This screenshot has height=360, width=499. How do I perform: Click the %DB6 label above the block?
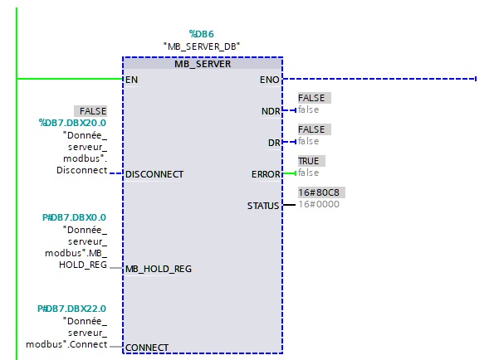pos(203,34)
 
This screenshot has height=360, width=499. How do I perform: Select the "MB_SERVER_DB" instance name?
pos(203,46)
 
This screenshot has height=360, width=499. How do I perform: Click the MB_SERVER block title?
pos(203,64)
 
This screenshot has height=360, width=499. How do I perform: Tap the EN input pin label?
pos(130,80)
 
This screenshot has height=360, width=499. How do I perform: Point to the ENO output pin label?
pos(270,80)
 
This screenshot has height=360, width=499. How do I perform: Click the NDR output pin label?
pos(271,110)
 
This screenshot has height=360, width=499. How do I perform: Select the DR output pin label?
pos(274,143)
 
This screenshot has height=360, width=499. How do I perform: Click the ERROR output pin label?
pos(267,174)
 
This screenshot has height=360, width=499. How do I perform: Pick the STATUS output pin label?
pos(263,205)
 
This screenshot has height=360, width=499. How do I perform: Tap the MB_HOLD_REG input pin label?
pos(159,269)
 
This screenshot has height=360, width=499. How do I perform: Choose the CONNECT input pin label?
pos(147,347)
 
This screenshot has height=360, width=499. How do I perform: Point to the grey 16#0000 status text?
pos(319,204)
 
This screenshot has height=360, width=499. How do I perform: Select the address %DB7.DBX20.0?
pos(72,122)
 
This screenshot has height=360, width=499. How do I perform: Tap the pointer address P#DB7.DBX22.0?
pos(72,308)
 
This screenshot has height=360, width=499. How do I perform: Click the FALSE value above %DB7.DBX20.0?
pos(92,110)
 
